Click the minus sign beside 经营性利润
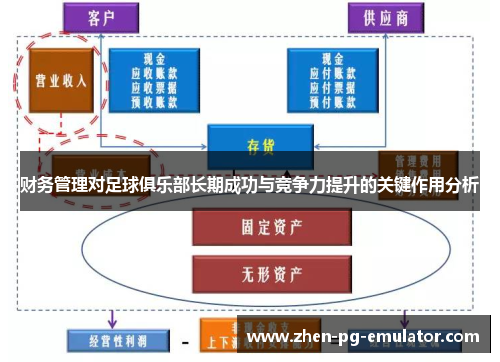click(x=185, y=340)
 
